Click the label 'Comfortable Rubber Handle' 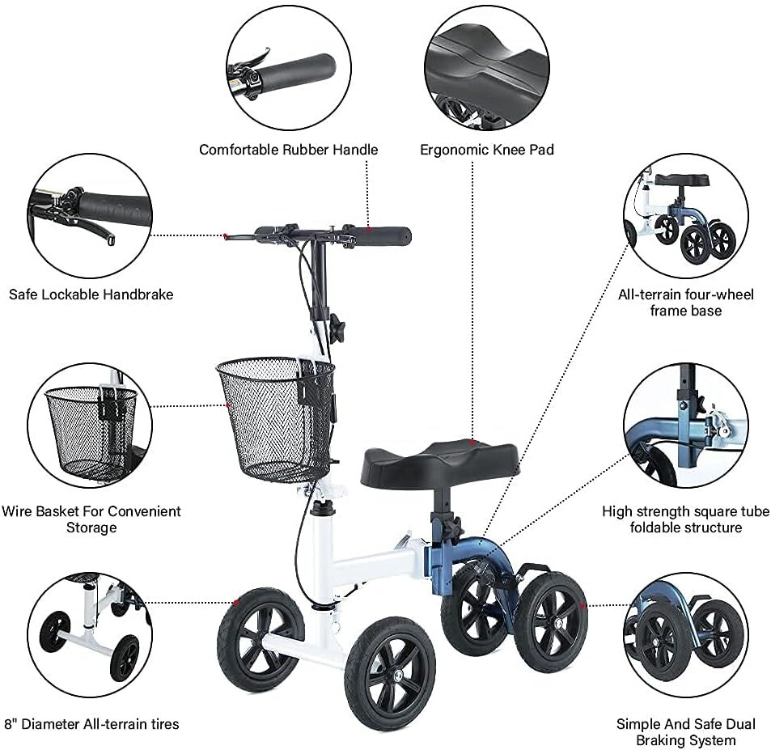click(x=289, y=150)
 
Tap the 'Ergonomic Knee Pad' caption click(x=487, y=150)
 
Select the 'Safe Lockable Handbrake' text click(x=91, y=294)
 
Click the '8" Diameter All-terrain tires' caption click(x=91, y=724)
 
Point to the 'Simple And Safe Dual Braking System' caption click(x=686, y=732)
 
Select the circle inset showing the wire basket click(x=90, y=426)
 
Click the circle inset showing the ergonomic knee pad click(x=487, y=68)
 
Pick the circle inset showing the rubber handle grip click(x=289, y=68)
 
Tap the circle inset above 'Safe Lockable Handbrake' click(x=90, y=216)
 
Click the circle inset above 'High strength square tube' click(x=686, y=426)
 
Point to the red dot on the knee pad click(x=472, y=443)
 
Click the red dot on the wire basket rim click(x=227, y=405)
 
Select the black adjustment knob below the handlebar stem click(x=337, y=325)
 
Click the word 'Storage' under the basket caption click(x=91, y=528)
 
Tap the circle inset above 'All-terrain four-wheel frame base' click(x=686, y=216)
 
